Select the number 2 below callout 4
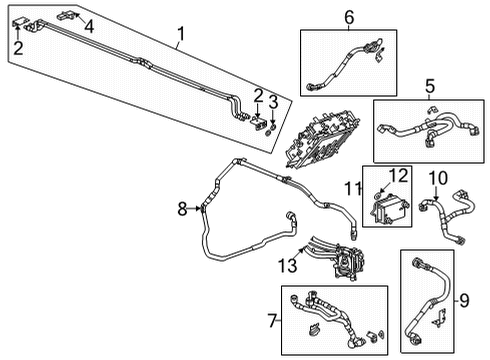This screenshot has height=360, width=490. click(x=18, y=46)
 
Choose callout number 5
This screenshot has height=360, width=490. click(x=429, y=86)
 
